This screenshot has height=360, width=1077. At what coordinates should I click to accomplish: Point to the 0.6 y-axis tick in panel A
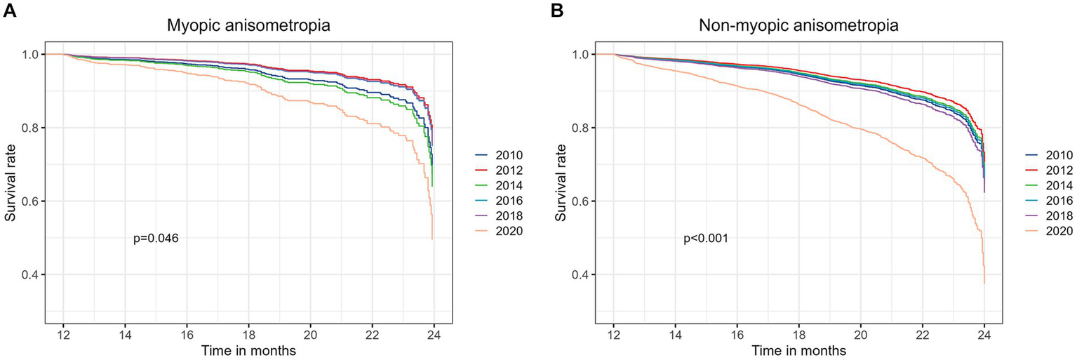click(29, 201)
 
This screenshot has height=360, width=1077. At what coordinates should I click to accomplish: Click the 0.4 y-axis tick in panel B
click(580, 274)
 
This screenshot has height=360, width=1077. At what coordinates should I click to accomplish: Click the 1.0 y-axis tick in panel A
click(29, 55)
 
